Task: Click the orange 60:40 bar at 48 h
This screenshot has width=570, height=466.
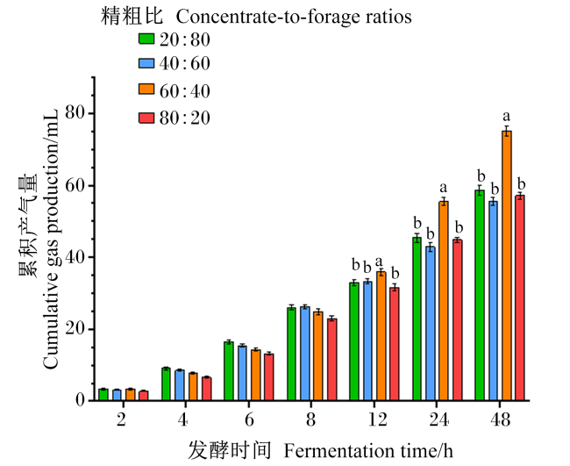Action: tap(506, 266)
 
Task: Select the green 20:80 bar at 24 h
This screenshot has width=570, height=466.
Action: tap(417, 319)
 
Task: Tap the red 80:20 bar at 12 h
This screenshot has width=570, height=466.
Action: tap(394, 344)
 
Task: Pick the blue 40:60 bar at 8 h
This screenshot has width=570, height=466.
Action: tap(304, 354)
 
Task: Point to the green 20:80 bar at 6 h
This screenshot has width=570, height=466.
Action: tap(229, 371)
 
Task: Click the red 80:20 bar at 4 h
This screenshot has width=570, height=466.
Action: tap(206, 389)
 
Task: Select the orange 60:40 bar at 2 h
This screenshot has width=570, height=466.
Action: tap(131, 395)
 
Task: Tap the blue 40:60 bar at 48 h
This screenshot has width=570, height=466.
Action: tap(494, 301)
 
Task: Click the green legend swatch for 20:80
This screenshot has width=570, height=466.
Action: tap(146, 39)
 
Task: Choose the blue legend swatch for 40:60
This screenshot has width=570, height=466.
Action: tap(146, 63)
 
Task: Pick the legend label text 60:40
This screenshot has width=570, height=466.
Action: tap(185, 91)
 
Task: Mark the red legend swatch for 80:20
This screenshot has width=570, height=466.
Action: tap(146, 118)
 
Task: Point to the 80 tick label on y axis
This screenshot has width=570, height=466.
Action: tap(75, 113)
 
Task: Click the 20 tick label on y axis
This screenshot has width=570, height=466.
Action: tap(75, 329)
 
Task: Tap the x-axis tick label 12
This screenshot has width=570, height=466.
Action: tap(377, 419)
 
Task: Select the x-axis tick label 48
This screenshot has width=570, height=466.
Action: tap(501, 419)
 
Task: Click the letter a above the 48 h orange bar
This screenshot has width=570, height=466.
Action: tap(506, 117)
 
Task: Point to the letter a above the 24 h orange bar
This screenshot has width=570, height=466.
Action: tap(443, 188)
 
